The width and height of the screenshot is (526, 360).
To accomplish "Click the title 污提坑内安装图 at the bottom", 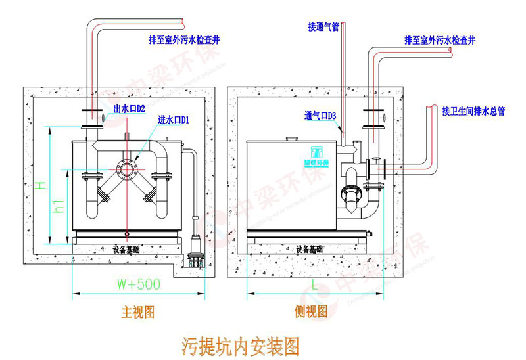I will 239,344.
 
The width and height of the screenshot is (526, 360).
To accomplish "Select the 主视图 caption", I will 138,312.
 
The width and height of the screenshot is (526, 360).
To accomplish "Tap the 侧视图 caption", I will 312,312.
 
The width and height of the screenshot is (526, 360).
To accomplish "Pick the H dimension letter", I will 41,187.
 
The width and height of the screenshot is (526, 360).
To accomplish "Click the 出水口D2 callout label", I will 129,108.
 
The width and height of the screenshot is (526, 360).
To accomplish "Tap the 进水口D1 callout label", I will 174,120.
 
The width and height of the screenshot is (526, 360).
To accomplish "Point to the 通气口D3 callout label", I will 320,116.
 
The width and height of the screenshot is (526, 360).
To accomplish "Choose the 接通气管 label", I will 323,28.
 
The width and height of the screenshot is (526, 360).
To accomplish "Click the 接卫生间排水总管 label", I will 473,111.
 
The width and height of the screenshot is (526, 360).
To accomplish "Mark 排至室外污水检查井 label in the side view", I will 440,41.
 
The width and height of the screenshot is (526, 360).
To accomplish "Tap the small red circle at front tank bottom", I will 126,231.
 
